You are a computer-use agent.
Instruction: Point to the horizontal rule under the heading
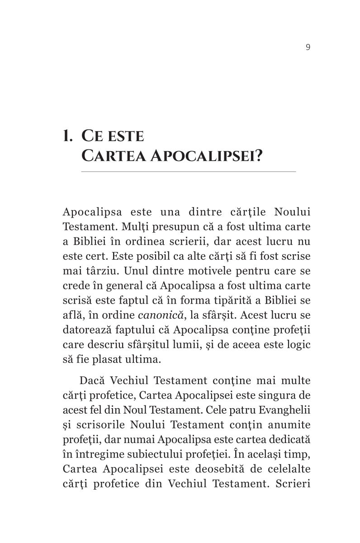188,172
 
